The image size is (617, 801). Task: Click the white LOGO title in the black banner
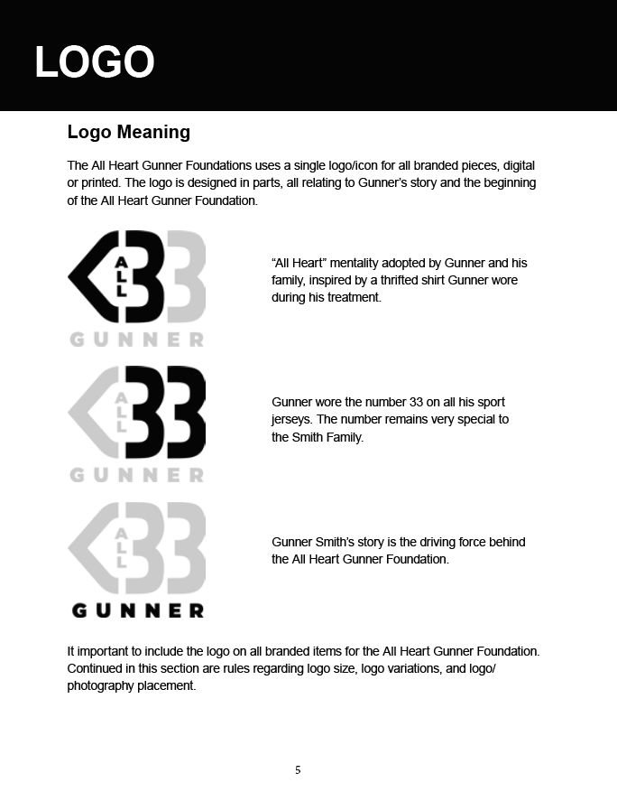pyautogui.click(x=95, y=62)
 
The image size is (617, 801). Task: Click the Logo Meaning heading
pyautogui.click(x=128, y=132)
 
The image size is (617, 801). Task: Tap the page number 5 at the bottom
pyautogui.click(x=298, y=770)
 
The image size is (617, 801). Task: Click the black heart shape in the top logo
pyautogui.click(x=90, y=277)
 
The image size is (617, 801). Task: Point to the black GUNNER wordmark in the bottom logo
pyautogui.click(x=138, y=610)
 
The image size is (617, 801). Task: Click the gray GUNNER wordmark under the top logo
pyautogui.click(x=137, y=340)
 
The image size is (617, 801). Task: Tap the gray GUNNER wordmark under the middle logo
pyautogui.click(x=137, y=475)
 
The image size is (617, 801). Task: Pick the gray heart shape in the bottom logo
pyautogui.click(x=90, y=547)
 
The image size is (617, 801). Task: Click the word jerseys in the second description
pyautogui.click(x=292, y=419)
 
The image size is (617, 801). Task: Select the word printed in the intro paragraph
pyautogui.click(x=103, y=182)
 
